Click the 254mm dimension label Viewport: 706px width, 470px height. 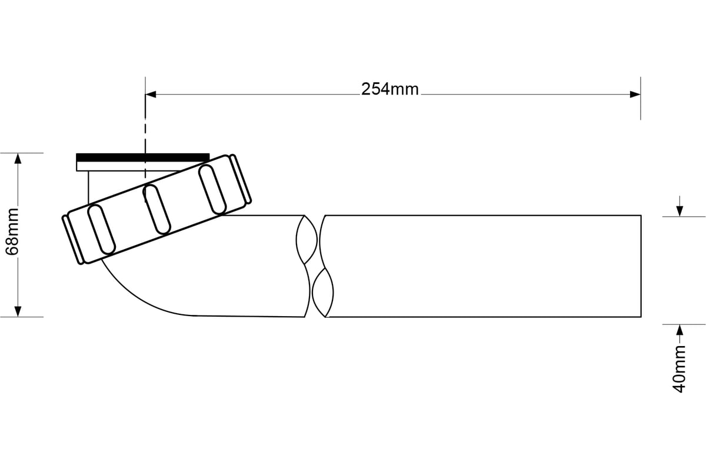coord(389,89)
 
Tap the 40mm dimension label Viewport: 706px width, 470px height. coord(680,369)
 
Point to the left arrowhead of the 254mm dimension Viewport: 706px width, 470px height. coord(151,94)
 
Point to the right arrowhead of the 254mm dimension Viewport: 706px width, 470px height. coord(635,94)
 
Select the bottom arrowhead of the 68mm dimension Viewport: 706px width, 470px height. coord(18,311)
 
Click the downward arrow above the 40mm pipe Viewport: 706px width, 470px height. coord(680,210)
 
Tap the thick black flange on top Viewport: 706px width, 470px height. coord(142,156)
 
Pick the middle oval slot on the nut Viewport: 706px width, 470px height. coord(156,209)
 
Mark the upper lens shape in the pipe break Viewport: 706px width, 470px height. coord(309,240)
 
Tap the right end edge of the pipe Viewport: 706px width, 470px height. coord(641,266)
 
